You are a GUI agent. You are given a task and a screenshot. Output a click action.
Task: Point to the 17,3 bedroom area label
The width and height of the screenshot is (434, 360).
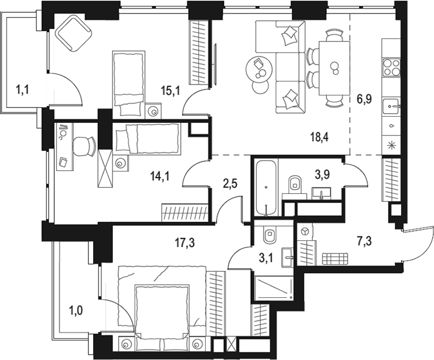pyautogui.click(x=184, y=243)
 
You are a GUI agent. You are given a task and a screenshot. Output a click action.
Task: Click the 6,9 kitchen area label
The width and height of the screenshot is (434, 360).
pyautogui.click(x=364, y=99)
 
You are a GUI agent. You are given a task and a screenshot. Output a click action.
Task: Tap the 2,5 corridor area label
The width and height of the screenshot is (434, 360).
pyautogui.click(x=229, y=184)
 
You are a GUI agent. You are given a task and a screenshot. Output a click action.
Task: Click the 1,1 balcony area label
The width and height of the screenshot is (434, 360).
pyautogui.click(x=23, y=90)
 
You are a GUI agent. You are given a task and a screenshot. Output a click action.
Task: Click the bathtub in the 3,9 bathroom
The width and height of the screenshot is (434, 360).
pyautogui.click(x=266, y=188)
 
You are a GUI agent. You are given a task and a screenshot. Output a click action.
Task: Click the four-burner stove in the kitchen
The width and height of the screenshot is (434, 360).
pyautogui.click(x=391, y=67)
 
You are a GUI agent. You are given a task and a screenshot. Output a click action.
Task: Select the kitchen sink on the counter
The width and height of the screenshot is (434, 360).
pyautogui.click(x=391, y=106)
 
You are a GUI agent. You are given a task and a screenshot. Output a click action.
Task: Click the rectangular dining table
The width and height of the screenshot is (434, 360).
pyautogui.click(x=334, y=68)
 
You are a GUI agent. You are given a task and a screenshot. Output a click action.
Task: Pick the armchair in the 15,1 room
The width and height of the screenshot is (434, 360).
pyautogui.click(x=74, y=33)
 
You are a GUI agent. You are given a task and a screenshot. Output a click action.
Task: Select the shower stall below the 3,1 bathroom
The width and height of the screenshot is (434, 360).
pyautogui.click(x=274, y=288)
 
